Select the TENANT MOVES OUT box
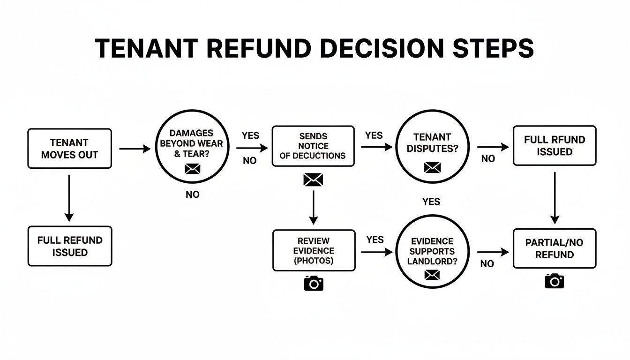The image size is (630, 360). coord(69,149)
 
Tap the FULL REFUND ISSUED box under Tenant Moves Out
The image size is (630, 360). coord(69,246)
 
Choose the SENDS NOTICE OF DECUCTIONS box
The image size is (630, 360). coord(313,145)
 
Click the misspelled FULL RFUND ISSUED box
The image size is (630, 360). coord(555,145)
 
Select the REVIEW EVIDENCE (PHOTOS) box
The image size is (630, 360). coord(314,250)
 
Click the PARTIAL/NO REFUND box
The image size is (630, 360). coord(555,248)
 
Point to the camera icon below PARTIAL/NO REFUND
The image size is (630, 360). coord(554,281)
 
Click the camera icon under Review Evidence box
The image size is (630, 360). coord(314,283)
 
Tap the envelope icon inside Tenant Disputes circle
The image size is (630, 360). coord(432,166)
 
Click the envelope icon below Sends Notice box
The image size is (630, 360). coord(313,180)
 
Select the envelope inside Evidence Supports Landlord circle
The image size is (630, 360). coord(431,275)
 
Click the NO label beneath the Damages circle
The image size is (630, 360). coord(192,195)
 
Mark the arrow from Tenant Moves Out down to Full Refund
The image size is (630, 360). coord(69,197)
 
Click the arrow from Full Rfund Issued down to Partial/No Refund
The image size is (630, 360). coord(555,197)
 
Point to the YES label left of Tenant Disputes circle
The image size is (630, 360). coord(374,135)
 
